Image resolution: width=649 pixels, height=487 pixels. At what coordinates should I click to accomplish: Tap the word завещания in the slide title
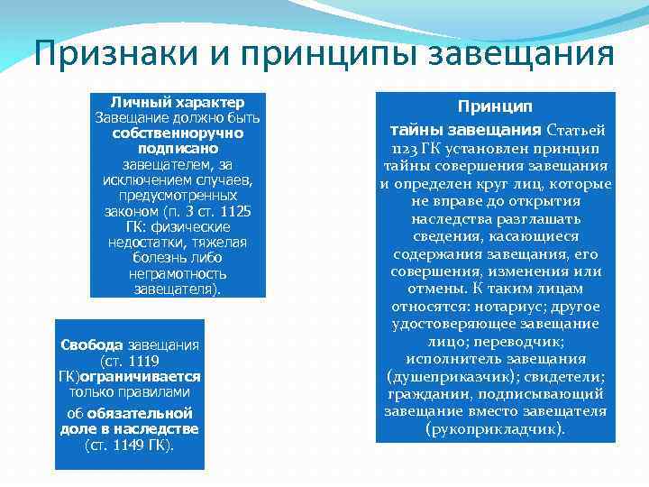(519, 56)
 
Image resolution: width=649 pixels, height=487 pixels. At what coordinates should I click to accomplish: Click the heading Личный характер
(178, 102)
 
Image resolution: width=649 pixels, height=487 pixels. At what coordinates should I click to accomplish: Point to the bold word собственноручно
(178, 133)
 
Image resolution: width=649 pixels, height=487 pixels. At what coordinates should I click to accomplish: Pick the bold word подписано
(178, 148)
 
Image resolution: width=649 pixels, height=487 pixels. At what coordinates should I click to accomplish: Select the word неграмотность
(178, 273)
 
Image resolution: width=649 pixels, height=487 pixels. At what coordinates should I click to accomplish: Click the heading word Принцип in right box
(495, 106)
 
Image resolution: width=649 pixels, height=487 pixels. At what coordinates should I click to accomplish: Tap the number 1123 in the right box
(407, 149)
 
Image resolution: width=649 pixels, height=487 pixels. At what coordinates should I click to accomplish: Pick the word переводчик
(531, 342)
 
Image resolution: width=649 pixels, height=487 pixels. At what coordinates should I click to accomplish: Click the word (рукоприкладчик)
(495, 428)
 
